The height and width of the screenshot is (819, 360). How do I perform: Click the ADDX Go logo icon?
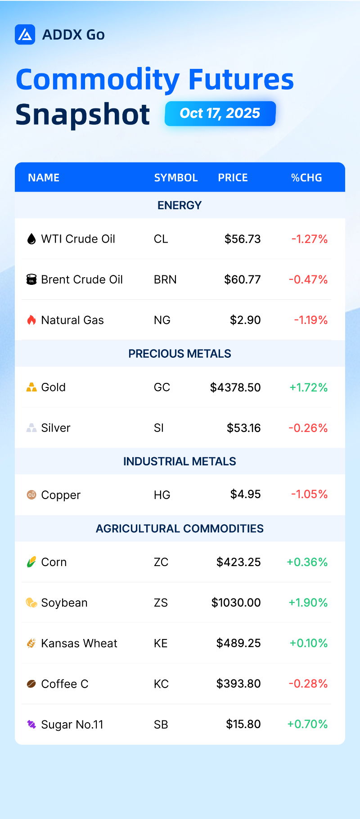point(25,35)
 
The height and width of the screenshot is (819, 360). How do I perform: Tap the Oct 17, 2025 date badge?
point(220,113)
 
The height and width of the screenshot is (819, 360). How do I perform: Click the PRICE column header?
point(233,178)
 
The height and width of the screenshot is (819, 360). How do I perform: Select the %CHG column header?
point(306,178)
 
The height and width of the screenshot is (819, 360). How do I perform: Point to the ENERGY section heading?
point(180,205)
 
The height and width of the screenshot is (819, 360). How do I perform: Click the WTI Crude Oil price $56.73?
point(243,239)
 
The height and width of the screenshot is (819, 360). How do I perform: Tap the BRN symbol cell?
point(165,279)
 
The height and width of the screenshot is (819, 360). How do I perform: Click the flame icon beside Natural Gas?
point(31,320)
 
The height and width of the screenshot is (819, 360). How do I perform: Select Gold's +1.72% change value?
point(308,387)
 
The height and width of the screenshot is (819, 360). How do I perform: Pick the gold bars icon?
point(31,387)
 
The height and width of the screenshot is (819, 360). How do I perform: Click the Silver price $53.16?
point(243,428)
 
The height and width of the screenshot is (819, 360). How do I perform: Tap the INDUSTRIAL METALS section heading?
point(180,461)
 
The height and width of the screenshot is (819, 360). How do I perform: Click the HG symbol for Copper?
point(162,495)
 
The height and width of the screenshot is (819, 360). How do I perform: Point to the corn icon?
point(31,562)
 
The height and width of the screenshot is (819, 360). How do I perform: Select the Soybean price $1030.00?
point(236,603)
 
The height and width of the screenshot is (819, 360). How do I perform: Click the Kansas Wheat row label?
point(79,643)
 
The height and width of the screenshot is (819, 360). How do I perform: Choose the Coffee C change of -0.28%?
point(308,684)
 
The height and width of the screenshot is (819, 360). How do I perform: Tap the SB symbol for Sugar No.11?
point(161,724)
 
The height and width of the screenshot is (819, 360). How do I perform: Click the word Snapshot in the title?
point(83,114)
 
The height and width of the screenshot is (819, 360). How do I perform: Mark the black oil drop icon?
point(31,239)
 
